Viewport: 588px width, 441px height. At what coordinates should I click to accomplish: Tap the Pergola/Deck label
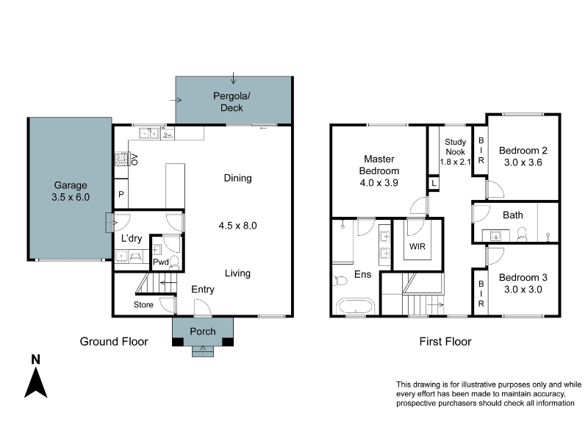232,101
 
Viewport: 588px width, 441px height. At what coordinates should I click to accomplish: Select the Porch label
203,331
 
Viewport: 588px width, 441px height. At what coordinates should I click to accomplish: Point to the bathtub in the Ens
356,306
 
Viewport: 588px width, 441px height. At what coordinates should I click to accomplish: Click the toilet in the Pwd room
174,262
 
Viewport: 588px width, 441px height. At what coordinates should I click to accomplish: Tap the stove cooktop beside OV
122,159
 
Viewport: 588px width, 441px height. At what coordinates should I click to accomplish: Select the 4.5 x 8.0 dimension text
237,226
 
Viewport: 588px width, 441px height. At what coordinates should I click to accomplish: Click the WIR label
417,246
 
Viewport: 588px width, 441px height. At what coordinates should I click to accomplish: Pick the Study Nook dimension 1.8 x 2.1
455,162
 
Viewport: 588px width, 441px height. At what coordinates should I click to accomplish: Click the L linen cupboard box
434,183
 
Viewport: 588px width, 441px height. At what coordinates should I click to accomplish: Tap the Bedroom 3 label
523,278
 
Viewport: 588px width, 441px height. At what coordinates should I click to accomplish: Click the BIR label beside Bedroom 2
481,151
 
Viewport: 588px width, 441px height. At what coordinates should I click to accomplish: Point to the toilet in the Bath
522,234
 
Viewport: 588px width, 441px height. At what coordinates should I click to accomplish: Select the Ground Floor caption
114,342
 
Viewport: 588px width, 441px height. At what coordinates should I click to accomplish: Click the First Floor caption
445,342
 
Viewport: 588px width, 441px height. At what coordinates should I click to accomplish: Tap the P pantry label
121,194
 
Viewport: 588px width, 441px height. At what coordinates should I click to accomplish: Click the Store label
143,305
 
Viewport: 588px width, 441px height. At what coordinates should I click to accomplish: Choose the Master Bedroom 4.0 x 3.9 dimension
379,183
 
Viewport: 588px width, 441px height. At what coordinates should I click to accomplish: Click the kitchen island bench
175,186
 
